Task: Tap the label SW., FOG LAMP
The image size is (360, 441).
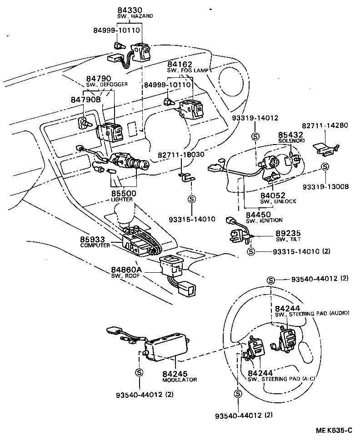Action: coord(187,70)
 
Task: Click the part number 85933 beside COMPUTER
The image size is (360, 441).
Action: coord(92,239)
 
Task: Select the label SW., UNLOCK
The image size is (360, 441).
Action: coord(278,201)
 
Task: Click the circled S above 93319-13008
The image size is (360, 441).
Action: coord(325,167)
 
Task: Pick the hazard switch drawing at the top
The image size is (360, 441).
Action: coord(139,51)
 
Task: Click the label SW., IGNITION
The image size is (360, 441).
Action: coord(264,220)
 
